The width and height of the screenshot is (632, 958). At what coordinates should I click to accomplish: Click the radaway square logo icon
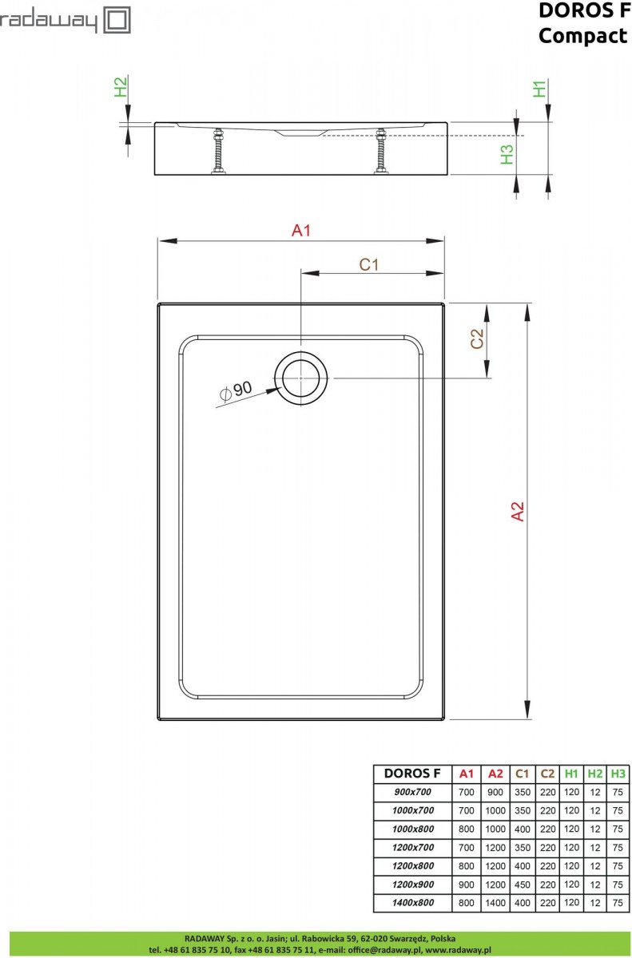[117, 21]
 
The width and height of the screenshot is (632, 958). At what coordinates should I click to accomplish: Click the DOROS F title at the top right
[584, 10]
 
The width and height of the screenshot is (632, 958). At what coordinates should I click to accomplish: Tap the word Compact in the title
[582, 36]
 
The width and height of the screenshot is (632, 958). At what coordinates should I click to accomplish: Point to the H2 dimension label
[121, 87]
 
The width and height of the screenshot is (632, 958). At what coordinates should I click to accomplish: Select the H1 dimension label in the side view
[539, 89]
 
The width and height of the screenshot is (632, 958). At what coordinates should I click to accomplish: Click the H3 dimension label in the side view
[507, 154]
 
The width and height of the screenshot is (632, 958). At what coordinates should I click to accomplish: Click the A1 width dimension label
[300, 231]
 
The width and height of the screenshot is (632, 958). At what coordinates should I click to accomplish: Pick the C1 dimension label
[369, 265]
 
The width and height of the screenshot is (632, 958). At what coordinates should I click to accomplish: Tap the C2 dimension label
[477, 338]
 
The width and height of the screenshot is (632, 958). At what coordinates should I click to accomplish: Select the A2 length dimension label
[518, 511]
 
